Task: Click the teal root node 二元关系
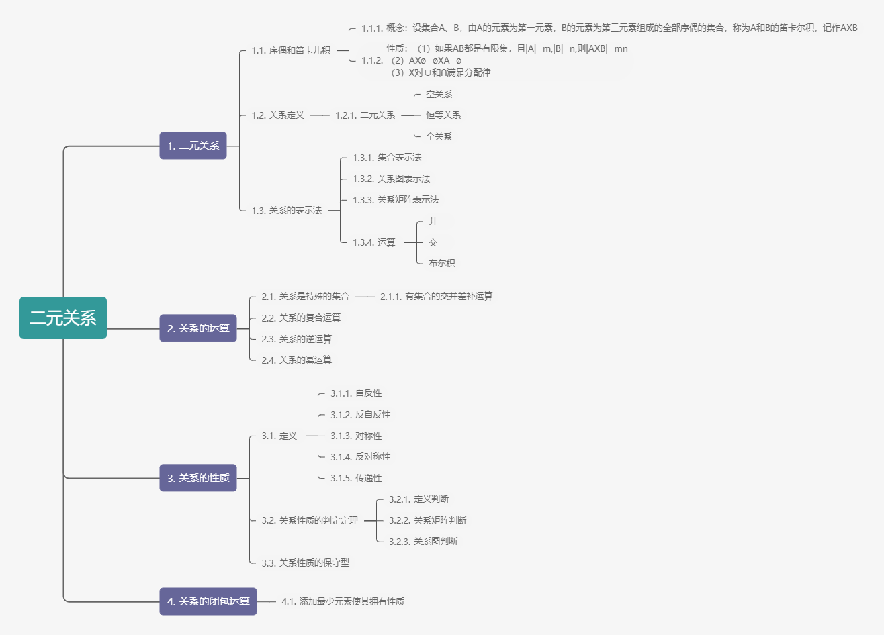tap(63, 317)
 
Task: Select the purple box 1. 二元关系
tap(193, 146)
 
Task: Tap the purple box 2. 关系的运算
tap(198, 328)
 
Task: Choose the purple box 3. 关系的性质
tap(198, 478)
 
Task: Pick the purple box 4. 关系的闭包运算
tap(208, 601)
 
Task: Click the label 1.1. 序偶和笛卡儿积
tap(291, 50)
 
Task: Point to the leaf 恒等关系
tap(443, 115)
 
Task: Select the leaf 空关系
tap(439, 95)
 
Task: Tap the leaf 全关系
tap(439, 137)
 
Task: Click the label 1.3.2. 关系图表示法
tap(391, 179)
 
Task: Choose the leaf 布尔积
tap(441, 263)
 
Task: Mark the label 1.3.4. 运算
tap(373, 242)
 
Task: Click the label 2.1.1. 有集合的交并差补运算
tap(436, 297)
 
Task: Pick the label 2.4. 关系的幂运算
tap(296, 360)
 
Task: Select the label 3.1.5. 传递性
tap(356, 479)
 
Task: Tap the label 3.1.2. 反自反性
tap(360, 415)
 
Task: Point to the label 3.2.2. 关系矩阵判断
tap(427, 520)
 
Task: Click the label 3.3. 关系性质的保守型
tap(305, 563)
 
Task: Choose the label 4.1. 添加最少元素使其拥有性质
tap(343, 602)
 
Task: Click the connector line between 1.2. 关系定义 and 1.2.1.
tap(320, 115)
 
